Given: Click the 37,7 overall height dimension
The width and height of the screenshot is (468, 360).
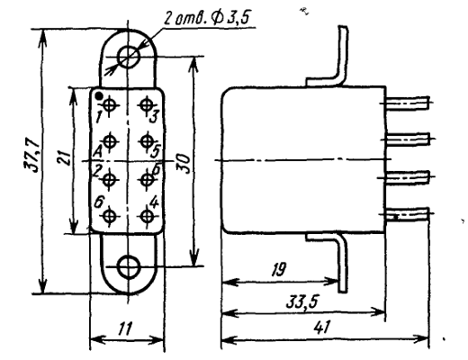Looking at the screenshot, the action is [x=32, y=155].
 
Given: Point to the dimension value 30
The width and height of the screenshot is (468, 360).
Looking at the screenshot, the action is [x=184, y=164].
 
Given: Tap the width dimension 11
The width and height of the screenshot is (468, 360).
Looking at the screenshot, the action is [x=124, y=328].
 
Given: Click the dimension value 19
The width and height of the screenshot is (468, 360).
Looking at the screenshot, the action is [x=279, y=269].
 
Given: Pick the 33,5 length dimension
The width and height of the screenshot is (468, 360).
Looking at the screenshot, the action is [x=302, y=301].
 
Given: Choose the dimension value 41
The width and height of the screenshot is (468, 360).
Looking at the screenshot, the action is [x=321, y=327].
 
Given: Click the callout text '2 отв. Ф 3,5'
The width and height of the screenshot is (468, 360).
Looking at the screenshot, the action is [x=206, y=19].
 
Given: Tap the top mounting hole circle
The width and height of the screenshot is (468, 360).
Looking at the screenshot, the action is [x=129, y=57].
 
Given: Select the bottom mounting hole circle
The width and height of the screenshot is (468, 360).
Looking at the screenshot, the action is [x=129, y=266].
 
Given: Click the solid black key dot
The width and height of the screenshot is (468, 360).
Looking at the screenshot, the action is [x=99, y=95].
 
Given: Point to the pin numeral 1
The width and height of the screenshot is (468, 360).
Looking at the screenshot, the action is [x=98, y=117].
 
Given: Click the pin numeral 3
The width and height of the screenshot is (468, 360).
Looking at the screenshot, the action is [x=153, y=117].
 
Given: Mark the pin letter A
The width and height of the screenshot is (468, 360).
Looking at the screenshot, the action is [x=97, y=152].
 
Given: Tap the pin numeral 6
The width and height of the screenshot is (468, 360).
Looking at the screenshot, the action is [x=98, y=202].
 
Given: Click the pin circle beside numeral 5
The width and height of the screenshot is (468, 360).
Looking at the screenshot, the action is [x=147, y=140].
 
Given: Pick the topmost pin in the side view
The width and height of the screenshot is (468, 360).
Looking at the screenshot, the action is [x=408, y=103].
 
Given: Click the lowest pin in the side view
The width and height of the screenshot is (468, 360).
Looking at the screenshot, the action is [x=408, y=214].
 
